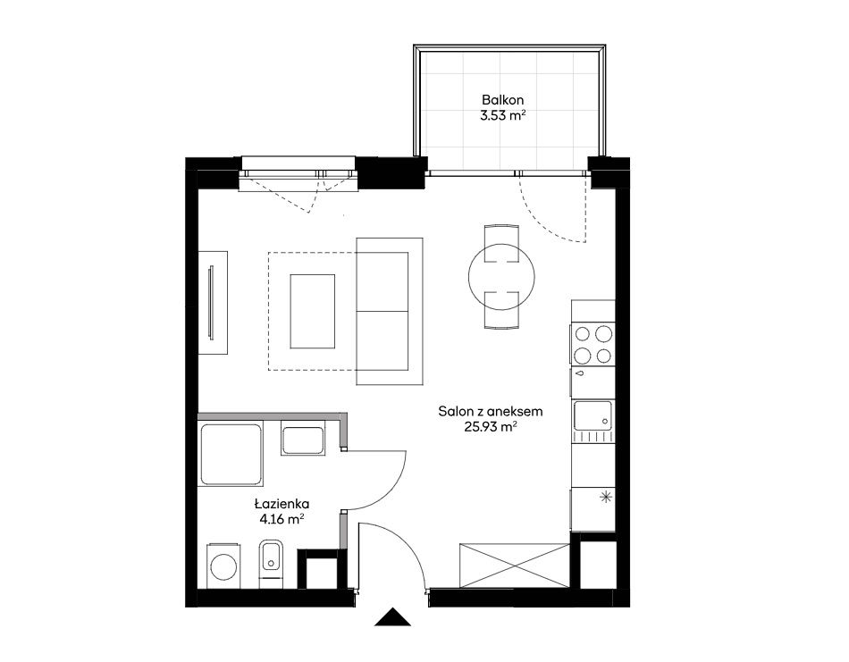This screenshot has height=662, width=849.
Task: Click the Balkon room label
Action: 502,100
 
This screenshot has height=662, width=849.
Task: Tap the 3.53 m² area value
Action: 502,115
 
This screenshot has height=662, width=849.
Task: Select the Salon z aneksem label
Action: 490,411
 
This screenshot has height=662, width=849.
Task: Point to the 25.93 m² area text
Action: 490,426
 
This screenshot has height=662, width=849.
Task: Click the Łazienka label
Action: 282,504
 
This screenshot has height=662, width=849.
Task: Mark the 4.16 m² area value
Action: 282,520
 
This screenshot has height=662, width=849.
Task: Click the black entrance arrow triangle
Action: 392,617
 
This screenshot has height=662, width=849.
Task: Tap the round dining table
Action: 501,277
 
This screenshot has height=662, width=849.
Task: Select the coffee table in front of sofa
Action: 313,311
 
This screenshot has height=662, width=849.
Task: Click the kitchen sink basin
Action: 593,415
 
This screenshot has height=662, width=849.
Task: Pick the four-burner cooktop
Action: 593,344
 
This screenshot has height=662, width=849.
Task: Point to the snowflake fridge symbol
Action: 606,497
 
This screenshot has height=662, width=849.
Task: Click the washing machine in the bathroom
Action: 223,566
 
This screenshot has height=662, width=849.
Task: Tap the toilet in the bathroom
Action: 271,563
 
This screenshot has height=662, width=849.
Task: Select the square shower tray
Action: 231,455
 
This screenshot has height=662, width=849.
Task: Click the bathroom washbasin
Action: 303,440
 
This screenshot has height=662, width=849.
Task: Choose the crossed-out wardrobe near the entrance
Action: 515,566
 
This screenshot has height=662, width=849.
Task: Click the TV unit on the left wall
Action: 213,303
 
